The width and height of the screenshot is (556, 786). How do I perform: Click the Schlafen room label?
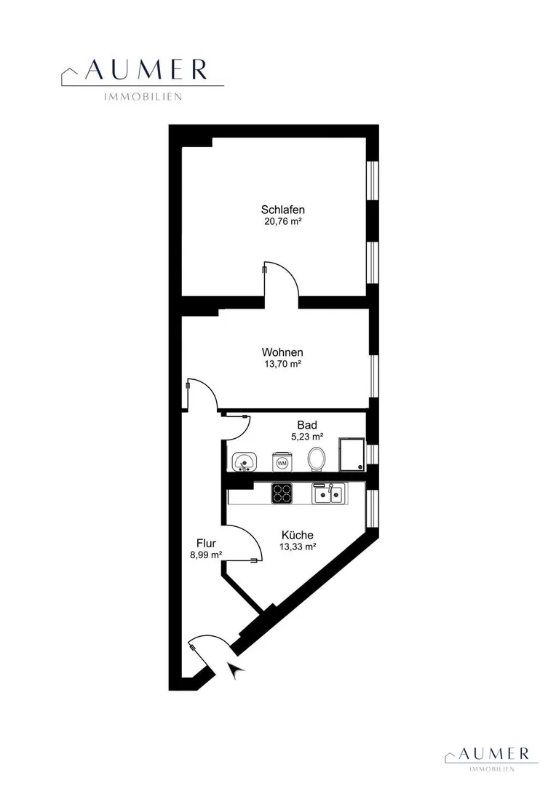point(283,210)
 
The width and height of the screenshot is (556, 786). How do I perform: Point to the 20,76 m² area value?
point(283,221)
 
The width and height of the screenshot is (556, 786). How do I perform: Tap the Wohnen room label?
point(282,352)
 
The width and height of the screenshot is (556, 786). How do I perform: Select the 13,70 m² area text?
point(283,364)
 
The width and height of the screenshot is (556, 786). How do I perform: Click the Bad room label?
point(307,425)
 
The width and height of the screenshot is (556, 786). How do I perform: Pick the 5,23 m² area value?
point(307,437)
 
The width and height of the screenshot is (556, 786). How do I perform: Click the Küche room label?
point(298,535)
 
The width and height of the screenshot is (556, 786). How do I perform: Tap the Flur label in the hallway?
point(206,543)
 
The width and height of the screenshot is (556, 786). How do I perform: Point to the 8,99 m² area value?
point(206,555)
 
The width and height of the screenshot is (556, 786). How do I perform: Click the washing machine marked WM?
point(282,462)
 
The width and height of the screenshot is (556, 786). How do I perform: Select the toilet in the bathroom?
point(317,458)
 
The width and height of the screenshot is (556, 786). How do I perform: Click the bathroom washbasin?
point(244,461)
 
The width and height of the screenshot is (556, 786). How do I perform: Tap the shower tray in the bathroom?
point(352,455)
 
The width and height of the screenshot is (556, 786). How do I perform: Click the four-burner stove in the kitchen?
point(282,493)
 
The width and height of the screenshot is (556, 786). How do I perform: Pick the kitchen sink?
point(329,493)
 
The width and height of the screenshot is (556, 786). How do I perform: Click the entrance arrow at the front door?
point(234,670)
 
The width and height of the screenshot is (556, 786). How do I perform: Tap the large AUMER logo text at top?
point(146,70)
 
